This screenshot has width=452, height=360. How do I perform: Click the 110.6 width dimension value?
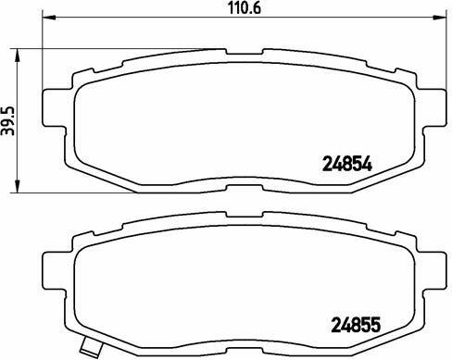(x=245, y=8)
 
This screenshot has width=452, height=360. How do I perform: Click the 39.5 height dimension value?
(x=8, y=120)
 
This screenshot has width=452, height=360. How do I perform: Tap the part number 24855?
(x=356, y=326)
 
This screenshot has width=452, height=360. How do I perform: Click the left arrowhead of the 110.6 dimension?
(x=48, y=18)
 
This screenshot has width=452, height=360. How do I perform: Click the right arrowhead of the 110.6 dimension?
(x=440, y=18)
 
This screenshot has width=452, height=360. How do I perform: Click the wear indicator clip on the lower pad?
(x=91, y=345)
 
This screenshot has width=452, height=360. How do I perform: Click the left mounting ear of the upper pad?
(x=54, y=107)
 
